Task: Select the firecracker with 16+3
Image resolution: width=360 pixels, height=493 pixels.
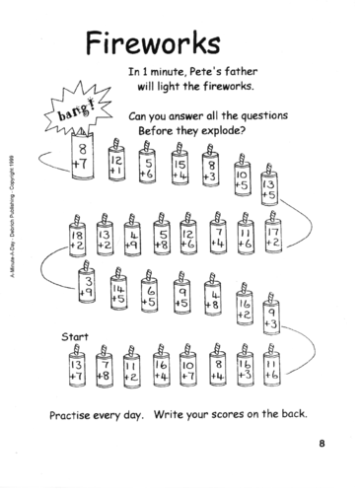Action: coord(245,371)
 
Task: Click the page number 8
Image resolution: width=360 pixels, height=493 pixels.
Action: coord(322,442)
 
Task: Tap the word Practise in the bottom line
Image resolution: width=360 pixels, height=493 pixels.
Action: coord(68,411)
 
